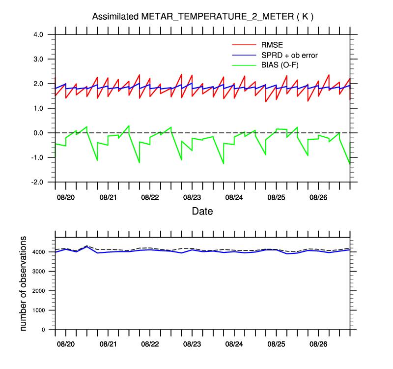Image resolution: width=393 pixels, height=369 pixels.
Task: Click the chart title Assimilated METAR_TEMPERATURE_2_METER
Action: click(203, 17)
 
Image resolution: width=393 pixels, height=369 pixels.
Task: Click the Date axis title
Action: click(202, 211)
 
